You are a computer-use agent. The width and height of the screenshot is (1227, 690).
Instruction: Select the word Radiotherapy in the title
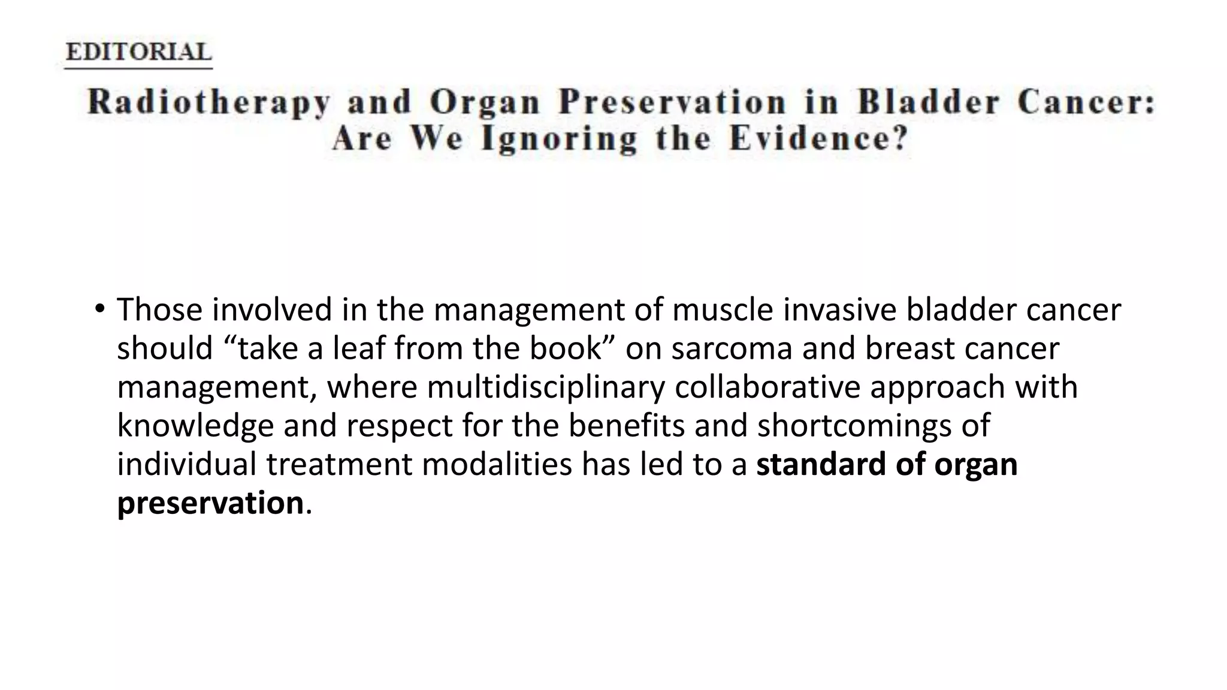(208, 102)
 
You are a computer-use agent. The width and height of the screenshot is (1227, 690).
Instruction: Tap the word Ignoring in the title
(560, 139)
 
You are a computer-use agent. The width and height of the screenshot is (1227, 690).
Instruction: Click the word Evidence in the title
(818, 139)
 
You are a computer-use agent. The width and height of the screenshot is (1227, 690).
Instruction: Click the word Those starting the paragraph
(159, 310)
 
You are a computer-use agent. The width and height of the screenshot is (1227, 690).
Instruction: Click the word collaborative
(767, 387)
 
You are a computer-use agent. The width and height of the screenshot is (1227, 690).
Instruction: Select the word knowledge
(195, 426)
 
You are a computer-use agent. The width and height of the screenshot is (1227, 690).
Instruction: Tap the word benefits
(626, 426)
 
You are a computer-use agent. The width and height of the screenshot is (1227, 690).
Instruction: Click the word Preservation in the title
(672, 102)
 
